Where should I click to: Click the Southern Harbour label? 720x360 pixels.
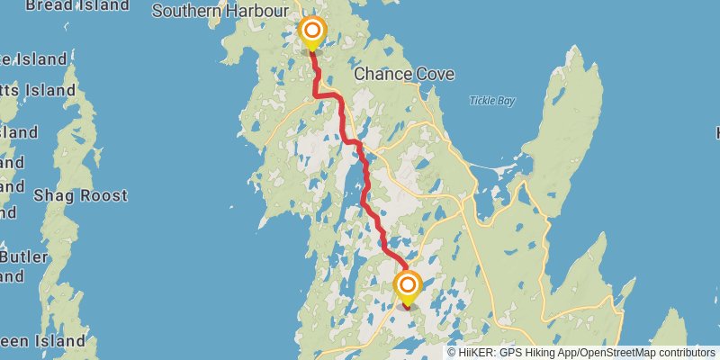pyautogui.click(x=220, y=12)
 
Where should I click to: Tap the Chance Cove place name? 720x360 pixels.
pyautogui.click(x=403, y=74)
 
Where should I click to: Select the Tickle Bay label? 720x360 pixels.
pyautogui.click(x=491, y=101)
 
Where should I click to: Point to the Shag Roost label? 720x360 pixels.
pyautogui.click(x=80, y=195)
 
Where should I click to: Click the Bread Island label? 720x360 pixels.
pyautogui.click(x=76, y=5)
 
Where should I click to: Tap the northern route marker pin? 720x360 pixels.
pyautogui.click(x=311, y=33)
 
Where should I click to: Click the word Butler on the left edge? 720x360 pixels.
pyautogui.click(x=24, y=257)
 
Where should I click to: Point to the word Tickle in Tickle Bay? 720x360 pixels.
pyautogui.click(x=481, y=101)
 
